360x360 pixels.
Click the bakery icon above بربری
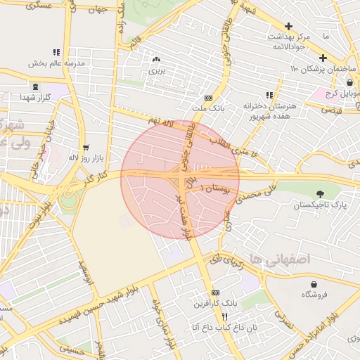coord(155,60)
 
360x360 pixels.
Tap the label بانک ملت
coord(209,108)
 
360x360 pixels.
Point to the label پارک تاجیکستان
coord(320,205)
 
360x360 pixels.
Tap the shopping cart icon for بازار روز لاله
coord(86,148)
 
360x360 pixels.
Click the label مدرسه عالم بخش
coord(56,63)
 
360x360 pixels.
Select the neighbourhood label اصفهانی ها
coord(279,259)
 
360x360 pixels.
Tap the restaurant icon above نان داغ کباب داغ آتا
coord(205,316)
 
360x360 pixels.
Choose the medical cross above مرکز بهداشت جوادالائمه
coord(288,26)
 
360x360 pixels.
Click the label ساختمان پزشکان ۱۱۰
coord(323,69)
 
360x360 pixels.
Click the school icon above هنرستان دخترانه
coord(269,95)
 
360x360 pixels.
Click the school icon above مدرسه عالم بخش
coord(56,52)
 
